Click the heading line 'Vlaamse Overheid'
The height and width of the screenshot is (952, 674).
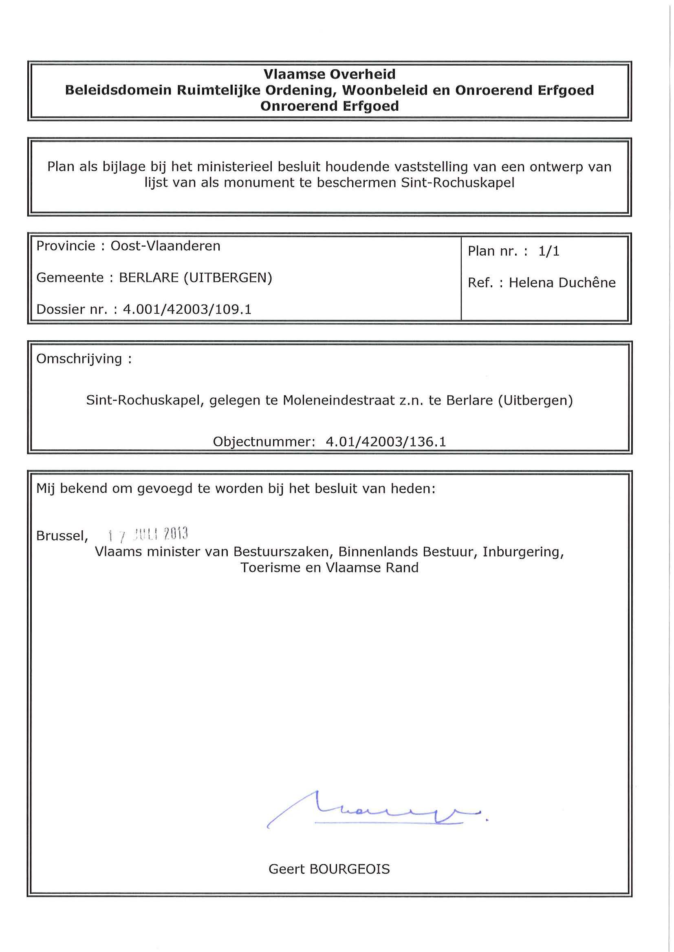330,74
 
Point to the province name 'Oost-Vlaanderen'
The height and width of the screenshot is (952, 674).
165,246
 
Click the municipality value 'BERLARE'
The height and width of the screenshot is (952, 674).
149,278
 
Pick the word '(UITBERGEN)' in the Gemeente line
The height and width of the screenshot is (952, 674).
228,278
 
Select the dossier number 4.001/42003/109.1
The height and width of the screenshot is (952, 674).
187,309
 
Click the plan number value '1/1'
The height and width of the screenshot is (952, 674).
548,251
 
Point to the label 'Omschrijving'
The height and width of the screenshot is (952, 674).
79,359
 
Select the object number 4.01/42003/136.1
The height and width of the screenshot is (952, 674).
386,442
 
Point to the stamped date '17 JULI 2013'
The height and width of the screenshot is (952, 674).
148,535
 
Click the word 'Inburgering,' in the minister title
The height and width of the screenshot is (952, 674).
523,552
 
